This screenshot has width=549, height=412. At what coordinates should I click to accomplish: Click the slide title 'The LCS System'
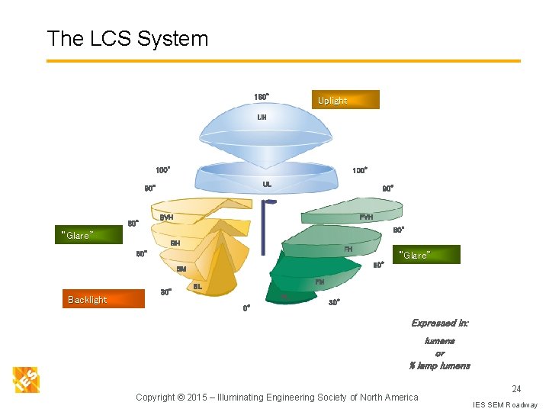[127, 38]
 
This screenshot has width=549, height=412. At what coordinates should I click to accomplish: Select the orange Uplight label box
[345, 100]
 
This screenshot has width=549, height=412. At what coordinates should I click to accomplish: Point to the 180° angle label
[261, 97]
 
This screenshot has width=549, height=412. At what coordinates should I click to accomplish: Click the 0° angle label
[246, 308]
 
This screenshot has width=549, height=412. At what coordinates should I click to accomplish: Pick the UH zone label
[262, 117]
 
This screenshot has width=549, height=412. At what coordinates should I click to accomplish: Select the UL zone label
[267, 184]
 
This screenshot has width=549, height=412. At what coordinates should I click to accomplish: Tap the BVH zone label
[166, 217]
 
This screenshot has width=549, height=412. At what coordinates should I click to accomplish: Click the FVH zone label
[366, 217]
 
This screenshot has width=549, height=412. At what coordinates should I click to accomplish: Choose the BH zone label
[175, 243]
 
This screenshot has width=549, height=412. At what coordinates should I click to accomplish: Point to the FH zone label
[348, 249]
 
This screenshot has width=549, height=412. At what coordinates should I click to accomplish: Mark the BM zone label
[181, 269]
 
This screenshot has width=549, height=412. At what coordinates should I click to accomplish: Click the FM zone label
[319, 282]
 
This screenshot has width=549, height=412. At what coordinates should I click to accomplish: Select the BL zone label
[197, 286]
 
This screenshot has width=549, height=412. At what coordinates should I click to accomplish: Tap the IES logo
[26, 379]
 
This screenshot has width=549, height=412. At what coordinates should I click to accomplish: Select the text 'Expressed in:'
[440, 323]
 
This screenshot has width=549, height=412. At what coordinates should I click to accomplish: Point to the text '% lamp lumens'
[440, 365]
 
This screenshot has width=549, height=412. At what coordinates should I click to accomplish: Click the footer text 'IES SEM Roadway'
[505, 404]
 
